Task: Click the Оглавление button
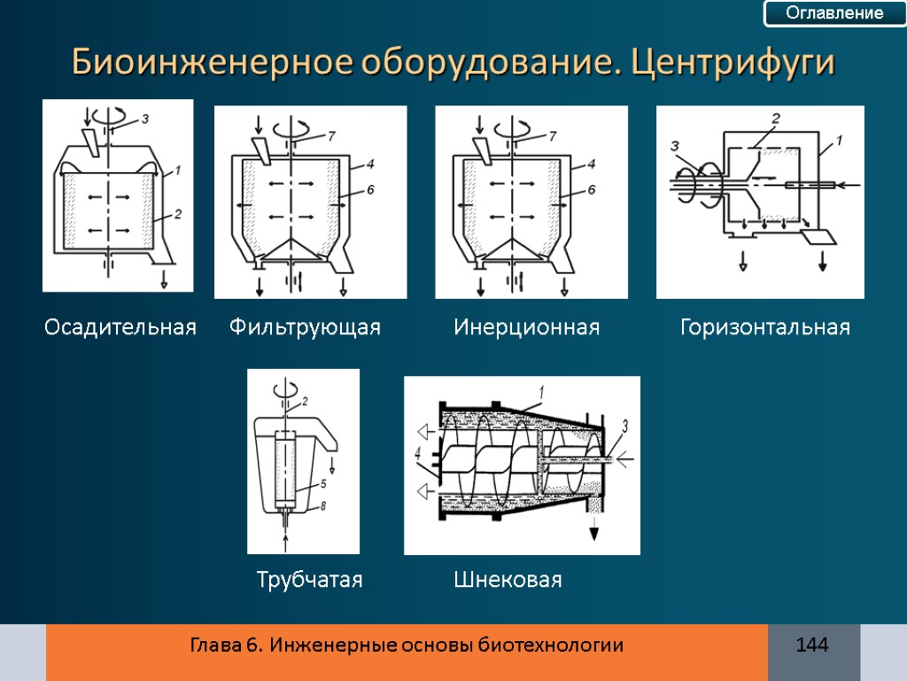823,13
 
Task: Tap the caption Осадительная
120,328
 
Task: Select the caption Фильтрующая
305,328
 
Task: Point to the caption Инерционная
526,328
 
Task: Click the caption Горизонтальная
764,328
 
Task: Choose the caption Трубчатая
309,581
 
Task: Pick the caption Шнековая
508,581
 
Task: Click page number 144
812,646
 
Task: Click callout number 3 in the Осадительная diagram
144,118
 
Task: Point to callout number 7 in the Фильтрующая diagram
331,137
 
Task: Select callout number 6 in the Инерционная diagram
591,189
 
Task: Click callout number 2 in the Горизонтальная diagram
775,118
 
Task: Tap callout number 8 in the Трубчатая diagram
323,506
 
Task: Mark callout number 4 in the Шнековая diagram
417,454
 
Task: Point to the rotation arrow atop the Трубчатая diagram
284,389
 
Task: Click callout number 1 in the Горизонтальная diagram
839,139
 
